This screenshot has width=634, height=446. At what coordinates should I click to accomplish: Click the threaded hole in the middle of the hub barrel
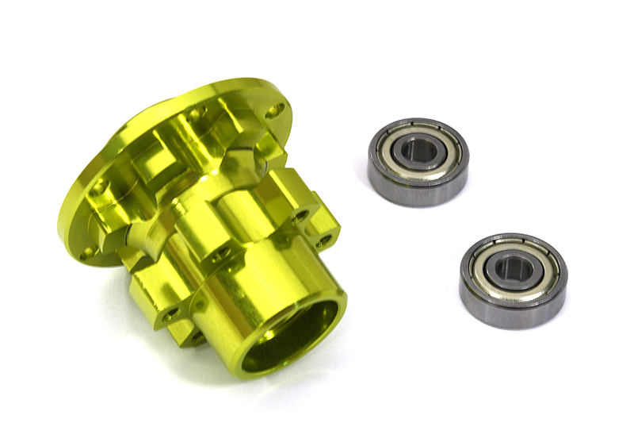pyautogui.click(x=223, y=252)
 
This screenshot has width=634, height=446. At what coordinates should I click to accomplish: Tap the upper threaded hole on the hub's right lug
pyautogui.click(x=301, y=214)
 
